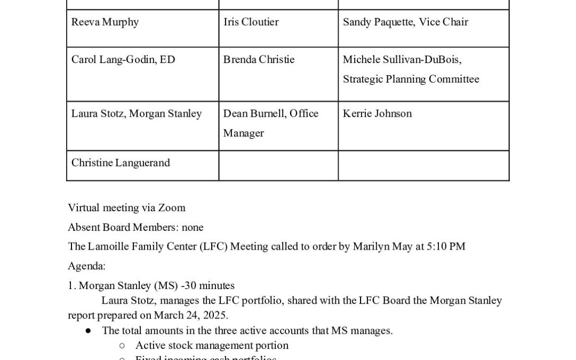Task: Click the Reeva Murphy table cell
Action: tap(105, 22)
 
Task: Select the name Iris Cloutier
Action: tap(251, 22)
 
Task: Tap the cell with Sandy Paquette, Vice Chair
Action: tap(405, 22)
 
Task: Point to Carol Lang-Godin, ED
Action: tap(123, 60)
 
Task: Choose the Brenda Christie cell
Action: tap(259, 60)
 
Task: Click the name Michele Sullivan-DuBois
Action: tap(402, 60)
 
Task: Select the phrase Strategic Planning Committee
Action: tap(411, 79)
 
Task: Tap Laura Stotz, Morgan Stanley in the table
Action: tap(137, 114)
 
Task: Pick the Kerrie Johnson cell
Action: tap(377, 114)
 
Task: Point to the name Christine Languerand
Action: tap(121, 163)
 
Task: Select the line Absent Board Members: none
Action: tap(135, 228)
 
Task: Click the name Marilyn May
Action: tap(381, 247)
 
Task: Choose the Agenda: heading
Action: tap(86, 266)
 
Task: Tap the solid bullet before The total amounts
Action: tap(88, 331)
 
